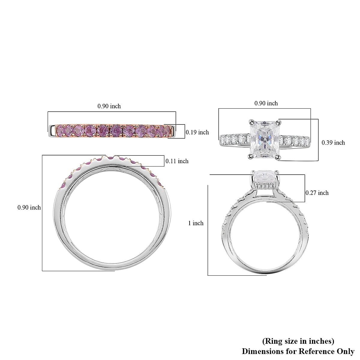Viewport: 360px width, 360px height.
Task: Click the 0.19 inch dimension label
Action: coord(197,132)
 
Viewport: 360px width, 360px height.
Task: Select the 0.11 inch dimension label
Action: coord(177,161)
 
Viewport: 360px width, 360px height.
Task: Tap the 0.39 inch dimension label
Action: coord(333,143)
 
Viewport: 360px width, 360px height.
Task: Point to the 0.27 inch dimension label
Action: coord(317,193)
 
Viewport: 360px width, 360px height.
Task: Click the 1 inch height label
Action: coord(196,223)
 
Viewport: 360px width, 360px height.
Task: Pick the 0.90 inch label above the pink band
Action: coord(109,106)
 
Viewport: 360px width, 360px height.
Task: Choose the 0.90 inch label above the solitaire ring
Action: coord(266,103)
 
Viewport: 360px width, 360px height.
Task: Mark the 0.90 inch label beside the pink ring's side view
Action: coord(29,207)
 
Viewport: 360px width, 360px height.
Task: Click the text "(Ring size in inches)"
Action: coord(298,341)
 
